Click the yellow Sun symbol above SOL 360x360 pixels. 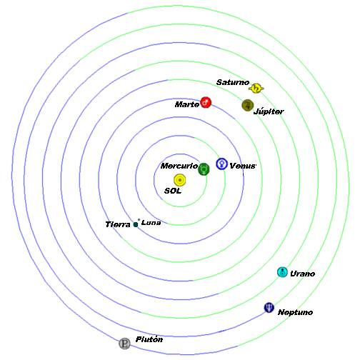click(x=180, y=180)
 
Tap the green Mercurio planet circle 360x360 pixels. click(x=204, y=169)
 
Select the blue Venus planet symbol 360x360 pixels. click(x=221, y=164)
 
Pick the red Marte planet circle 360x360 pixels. click(x=206, y=102)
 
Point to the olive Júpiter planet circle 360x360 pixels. click(x=248, y=105)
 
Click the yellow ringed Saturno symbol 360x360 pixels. click(x=256, y=89)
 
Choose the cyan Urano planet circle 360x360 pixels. click(x=283, y=272)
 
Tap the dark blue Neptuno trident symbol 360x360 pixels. click(x=269, y=307)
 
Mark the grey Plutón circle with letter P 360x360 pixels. click(x=124, y=344)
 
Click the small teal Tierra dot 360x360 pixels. click(x=136, y=224)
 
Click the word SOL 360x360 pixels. click(x=173, y=191)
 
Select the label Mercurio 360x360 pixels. click(x=179, y=166)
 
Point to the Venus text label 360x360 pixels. click(x=243, y=166)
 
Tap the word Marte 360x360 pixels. click(x=187, y=104)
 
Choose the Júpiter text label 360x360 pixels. click(x=269, y=111)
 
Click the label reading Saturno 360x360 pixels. click(x=233, y=82)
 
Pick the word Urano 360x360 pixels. click(x=303, y=274)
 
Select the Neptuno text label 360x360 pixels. click(x=295, y=312)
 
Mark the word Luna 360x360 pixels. click(x=151, y=223)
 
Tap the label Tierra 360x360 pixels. click(x=118, y=224)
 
